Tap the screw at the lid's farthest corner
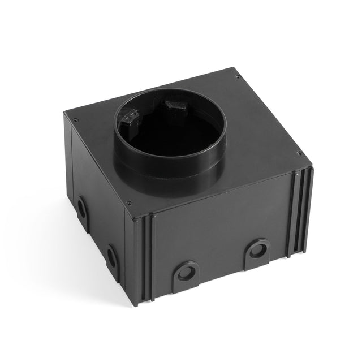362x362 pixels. click(238, 77)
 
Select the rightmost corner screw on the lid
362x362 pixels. click(299, 153)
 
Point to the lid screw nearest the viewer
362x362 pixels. click(129, 203)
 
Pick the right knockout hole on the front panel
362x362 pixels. click(258, 249)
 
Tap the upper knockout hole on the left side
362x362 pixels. click(82, 209)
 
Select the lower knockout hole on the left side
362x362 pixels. click(111, 258)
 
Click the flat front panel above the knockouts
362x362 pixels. click(221, 226)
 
